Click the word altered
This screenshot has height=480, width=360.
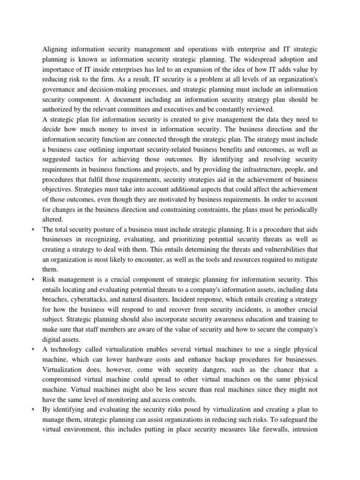pyautogui.click(x=52, y=219)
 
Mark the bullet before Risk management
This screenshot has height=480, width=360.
pyautogui.click(x=35, y=280)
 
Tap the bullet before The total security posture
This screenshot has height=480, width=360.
pyautogui.click(x=35, y=229)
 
